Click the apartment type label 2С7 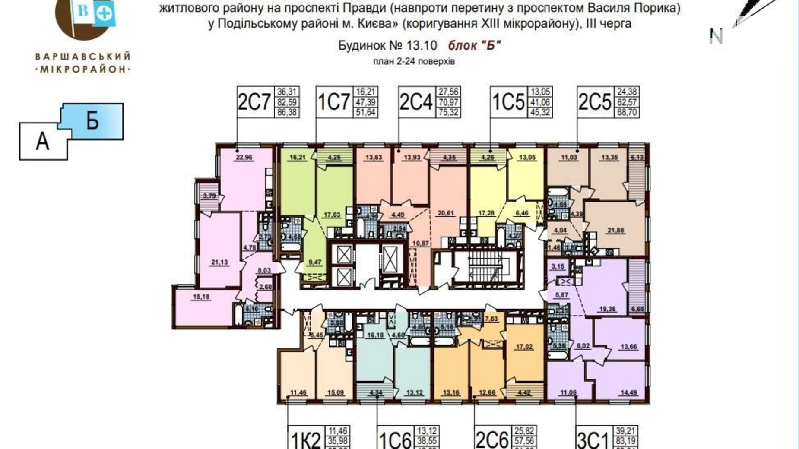[254, 102]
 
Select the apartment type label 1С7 [333, 102]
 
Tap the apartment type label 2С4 [416, 102]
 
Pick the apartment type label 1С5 [508, 102]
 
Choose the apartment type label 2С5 [595, 102]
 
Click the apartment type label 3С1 [593, 440]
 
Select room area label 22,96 [244, 158]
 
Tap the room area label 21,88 [615, 230]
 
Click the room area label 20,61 [446, 213]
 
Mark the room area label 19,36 [607, 309]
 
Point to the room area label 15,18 [201, 297]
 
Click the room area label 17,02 [524, 346]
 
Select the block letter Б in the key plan [92, 121]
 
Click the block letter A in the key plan [42, 141]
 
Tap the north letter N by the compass [716, 36]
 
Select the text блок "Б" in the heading [474, 45]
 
